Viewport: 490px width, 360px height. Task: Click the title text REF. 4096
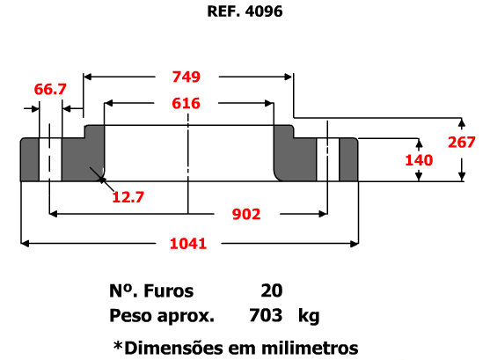pyautogui.click(x=245, y=11)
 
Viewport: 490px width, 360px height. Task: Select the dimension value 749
pyautogui.click(x=186, y=77)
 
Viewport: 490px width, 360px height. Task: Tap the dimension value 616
pyautogui.click(x=186, y=104)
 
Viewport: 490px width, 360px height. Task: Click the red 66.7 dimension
pyautogui.click(x=50, y=90)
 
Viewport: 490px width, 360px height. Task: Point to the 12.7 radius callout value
pyautogui.click(x=128, y=197)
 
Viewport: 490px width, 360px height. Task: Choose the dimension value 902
pyautogui.click(x=246, y=215)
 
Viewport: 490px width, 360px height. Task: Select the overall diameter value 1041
pyautogui.click(x=188, y=244)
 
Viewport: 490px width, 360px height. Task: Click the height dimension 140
pyautogui.click(x=419, y=160)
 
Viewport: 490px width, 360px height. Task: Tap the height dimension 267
pyautogui.click(x=462, y=143)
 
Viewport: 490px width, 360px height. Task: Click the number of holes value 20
pyautogui.click(x=272, y=290)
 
